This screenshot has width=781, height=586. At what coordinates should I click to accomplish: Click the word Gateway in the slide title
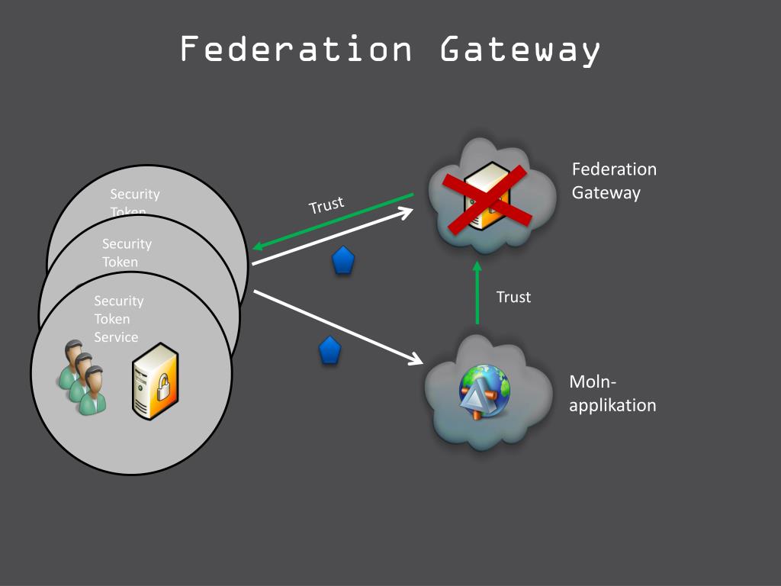point(520,50)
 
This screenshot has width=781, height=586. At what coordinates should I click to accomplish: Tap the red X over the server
point(488,198)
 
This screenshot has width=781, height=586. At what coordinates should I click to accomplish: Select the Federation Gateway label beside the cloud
point(613,181)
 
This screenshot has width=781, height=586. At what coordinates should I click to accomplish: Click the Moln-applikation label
point(612,394)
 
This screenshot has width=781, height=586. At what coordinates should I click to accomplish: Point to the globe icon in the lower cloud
point(484,391)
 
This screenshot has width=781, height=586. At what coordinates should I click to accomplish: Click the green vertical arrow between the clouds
point(477,294)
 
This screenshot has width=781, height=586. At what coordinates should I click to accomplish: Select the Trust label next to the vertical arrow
point(513,297)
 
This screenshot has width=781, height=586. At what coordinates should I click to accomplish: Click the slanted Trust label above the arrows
point(326,205)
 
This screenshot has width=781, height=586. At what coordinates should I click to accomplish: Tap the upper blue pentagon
point(343,261)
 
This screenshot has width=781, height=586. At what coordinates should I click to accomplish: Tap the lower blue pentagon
point(329,350)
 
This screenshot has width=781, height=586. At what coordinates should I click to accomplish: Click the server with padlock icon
point(156,381)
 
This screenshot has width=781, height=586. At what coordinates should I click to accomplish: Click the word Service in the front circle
point(116,337)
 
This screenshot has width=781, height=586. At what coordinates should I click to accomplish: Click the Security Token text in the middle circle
point(127,253)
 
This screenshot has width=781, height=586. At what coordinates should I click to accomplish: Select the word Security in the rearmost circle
point(135,195)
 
